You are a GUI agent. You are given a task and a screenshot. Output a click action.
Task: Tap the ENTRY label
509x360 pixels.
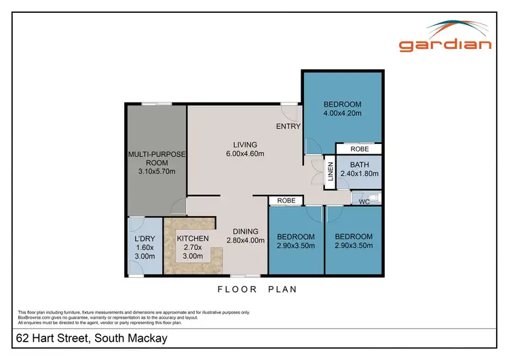tap(288, 126)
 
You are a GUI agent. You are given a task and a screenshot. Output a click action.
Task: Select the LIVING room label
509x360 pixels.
tap(245, 144)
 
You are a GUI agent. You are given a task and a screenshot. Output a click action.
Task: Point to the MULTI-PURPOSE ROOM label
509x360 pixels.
tap(157, 158)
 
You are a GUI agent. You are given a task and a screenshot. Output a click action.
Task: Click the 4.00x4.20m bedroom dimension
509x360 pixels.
tap(342, 113)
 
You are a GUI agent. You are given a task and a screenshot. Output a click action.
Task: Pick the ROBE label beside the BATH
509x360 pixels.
tap(360, 149)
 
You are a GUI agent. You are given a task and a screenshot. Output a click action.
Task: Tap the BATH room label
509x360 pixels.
tap(360, 164)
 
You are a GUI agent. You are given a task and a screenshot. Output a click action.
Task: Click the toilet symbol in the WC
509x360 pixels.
tap(375, 198)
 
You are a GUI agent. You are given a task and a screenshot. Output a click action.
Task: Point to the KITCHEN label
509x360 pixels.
tap(193, 238)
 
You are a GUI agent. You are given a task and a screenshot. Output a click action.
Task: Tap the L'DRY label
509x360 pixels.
tap(144, 238)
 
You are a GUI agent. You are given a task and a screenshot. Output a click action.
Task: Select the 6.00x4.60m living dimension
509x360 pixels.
tap(245, 154)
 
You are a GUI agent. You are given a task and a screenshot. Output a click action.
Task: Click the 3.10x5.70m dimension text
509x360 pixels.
tap(157, 171)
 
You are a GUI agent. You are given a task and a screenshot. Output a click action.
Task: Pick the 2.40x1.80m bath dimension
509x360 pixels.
tap(360, 173)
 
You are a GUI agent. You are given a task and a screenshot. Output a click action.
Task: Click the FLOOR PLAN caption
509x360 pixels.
tap(258, 289)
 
